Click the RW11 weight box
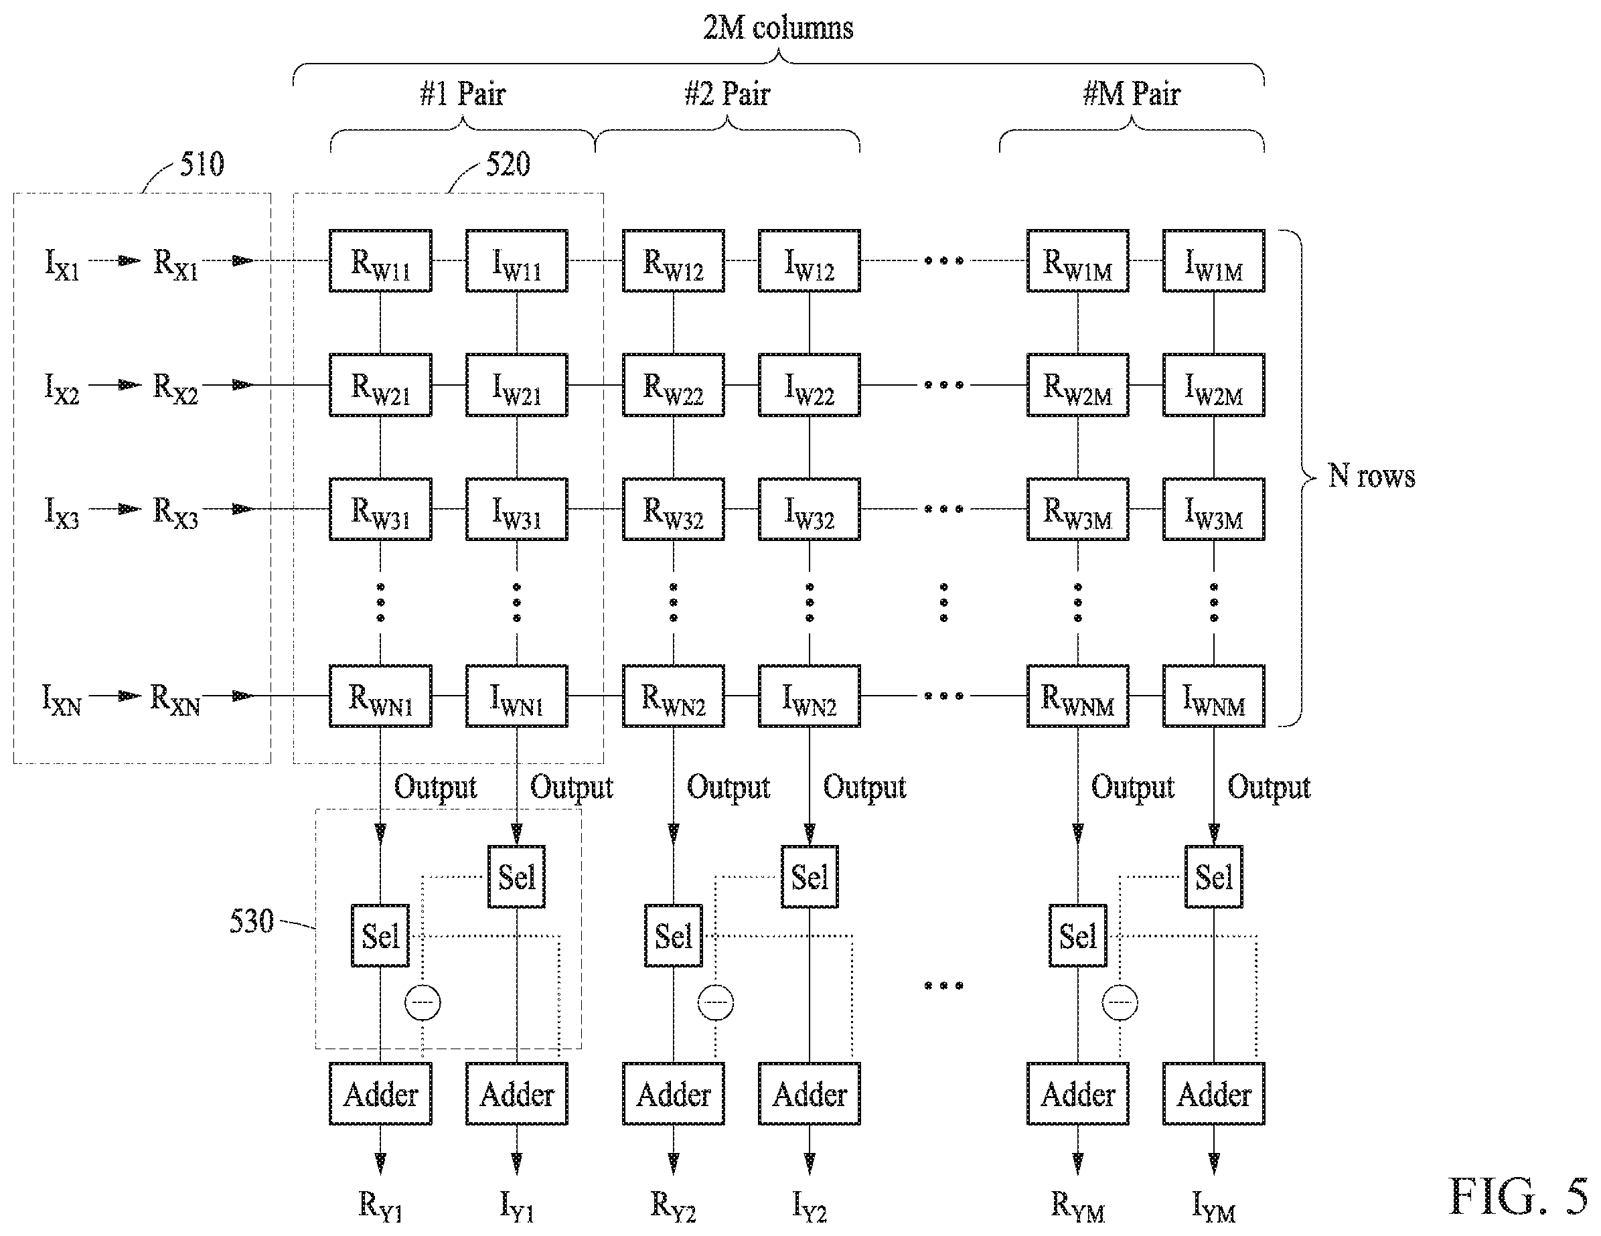point(380,261)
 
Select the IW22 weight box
point(810,385)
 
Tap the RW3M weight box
point(1077,510)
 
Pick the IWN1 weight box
point(517,696)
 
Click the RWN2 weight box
point(674,696)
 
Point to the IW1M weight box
point(1214,261)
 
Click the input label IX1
point(62,264)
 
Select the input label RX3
point(175,512)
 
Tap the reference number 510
point(202,163)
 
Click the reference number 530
point(252,921)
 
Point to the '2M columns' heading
point(778,28)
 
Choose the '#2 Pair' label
point(727,94)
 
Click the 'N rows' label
point(1371,476)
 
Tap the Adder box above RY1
point(380,1094)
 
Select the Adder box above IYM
point(1214,1094)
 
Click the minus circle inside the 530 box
point(423,1002)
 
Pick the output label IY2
point(810,1206)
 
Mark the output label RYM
point(1077,1206)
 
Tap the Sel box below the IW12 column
point(810,876)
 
